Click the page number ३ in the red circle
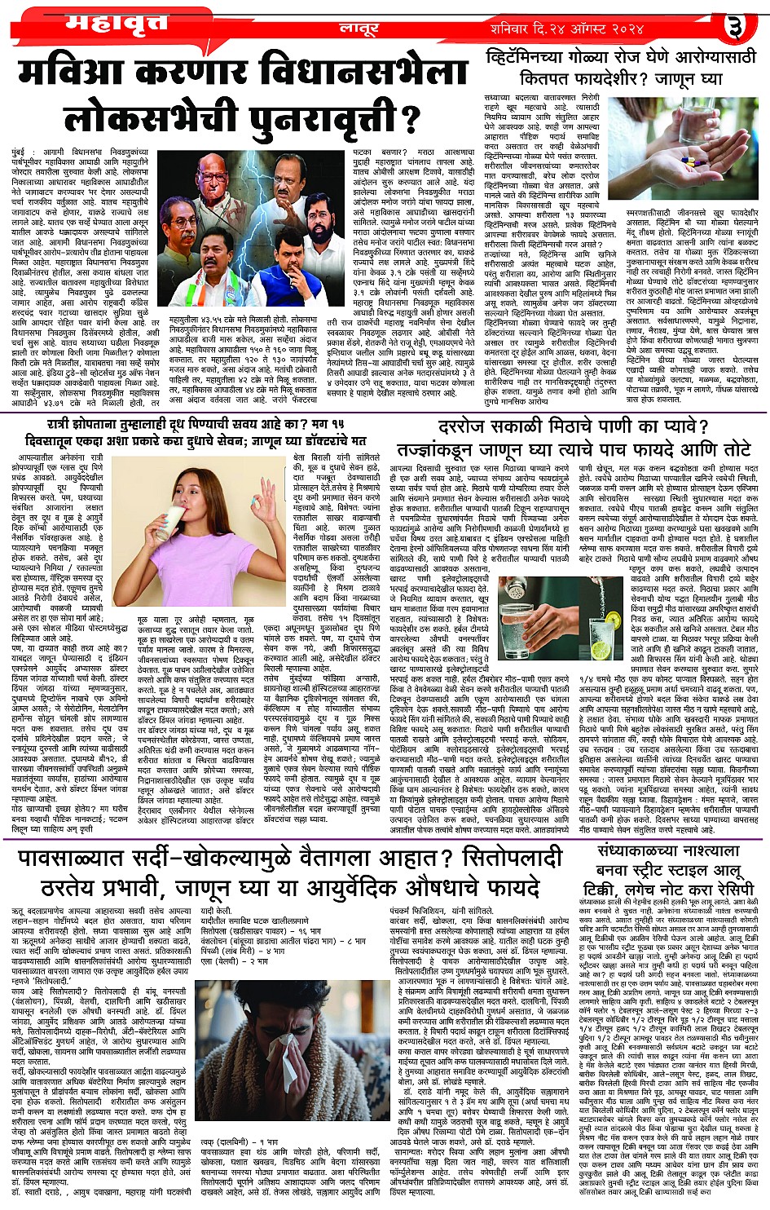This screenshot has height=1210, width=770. click(735, 29)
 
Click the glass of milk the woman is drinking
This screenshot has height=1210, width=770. click(174, 522)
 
